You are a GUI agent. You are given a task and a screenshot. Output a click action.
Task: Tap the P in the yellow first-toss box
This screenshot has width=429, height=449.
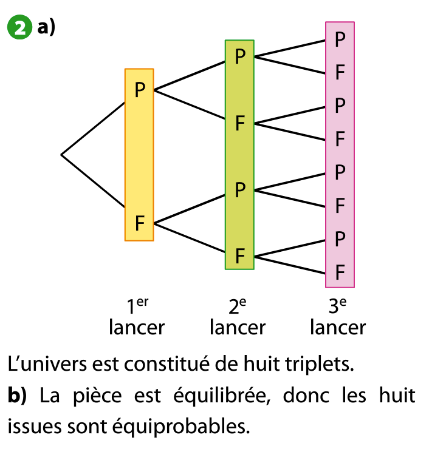(x=140, y=90)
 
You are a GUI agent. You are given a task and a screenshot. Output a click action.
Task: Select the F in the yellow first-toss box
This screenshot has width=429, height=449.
(x=140, y=223)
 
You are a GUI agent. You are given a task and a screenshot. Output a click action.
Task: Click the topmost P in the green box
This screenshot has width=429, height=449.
(x=240, y=57)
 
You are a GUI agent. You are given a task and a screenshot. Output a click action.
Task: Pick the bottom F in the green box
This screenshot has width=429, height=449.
(x=240, y=257)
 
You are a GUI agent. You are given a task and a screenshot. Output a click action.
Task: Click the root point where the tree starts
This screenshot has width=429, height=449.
(x=61, y=155)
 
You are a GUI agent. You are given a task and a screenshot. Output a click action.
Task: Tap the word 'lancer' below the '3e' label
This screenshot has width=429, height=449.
(x=337, y=328)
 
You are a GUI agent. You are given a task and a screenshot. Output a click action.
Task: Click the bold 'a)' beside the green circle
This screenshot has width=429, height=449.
(x=46, y=28)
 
